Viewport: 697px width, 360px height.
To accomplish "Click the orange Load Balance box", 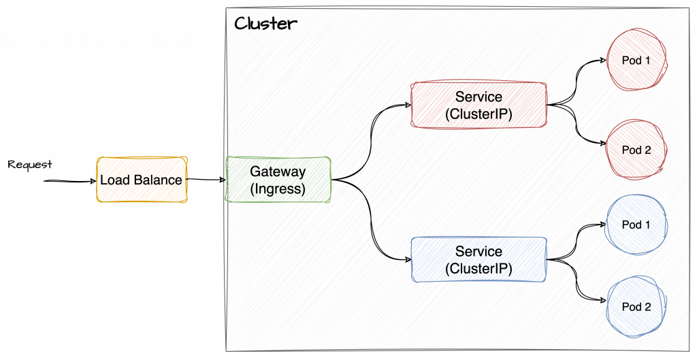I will pos(142,180).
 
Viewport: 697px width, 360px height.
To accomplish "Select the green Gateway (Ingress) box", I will pos(278,180).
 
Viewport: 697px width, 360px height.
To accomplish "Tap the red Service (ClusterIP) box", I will pos(479,105).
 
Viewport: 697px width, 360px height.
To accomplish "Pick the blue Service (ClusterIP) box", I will pos(479,259).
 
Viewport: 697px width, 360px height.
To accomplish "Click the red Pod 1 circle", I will pos(637,60).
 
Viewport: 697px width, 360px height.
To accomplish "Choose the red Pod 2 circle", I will pos(637,150).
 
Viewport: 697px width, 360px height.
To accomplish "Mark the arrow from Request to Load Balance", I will pos(71,182).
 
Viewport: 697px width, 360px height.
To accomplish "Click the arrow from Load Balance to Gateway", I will pos(206,180).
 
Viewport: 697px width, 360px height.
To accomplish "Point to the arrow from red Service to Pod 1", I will pos(579,78).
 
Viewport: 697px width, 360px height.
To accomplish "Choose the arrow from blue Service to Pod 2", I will pos(579,282).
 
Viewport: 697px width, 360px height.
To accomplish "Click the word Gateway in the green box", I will pos(278,171).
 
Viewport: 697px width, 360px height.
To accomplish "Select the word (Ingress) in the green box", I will pos(278,189).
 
